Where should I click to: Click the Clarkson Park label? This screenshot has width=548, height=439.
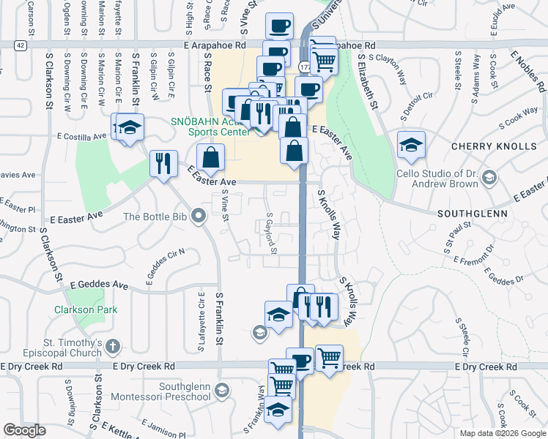tap(75, 309)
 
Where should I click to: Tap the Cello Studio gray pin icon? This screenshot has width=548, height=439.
tap(490, 177)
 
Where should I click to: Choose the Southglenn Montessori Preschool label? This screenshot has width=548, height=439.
tap(185, 389)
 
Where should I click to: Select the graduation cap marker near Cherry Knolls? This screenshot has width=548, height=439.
tap(411, 145)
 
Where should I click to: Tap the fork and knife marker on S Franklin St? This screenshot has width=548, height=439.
tap(163, 162)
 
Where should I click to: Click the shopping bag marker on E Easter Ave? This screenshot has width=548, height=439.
tap(210, 157)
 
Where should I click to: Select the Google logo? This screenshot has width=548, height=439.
tap(24, 430)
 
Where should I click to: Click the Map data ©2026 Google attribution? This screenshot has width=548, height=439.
tap(503, 433)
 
